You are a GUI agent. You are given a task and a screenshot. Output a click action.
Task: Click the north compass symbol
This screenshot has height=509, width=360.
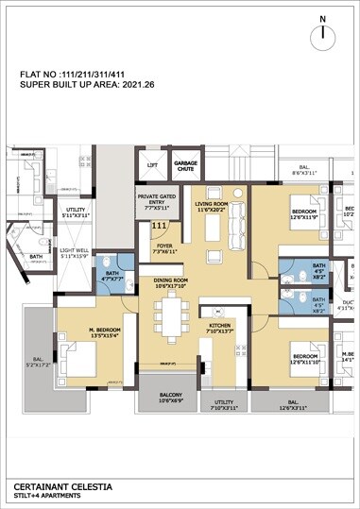click(323, 33)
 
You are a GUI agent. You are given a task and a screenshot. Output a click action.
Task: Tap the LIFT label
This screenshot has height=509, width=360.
click(152, 164)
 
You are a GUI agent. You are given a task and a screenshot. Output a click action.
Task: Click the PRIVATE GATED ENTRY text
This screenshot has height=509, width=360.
click(156, 199)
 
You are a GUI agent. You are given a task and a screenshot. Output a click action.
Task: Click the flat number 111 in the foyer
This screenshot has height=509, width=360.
click(160, 227)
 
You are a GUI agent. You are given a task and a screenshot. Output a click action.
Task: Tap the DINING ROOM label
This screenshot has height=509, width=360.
click(171, 283)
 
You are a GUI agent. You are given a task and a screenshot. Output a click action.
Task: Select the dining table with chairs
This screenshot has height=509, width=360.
click(172, 319)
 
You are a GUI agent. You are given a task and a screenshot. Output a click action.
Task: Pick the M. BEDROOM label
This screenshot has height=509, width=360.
click(91, 331)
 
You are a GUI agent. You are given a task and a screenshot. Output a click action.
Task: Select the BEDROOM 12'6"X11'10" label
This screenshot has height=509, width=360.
click(309, 357)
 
